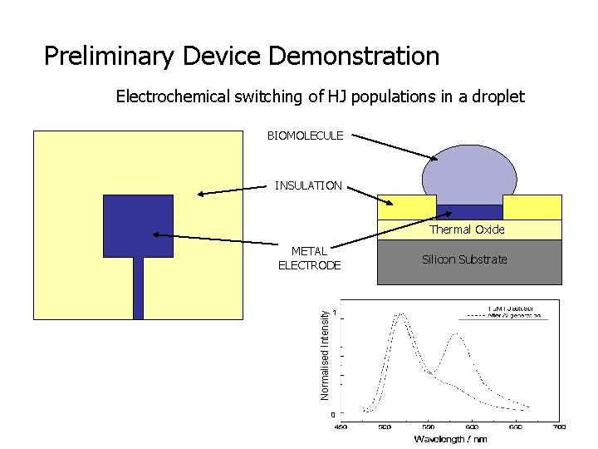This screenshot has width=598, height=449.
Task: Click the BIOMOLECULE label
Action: click(305, 136)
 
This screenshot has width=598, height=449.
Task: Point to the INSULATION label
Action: click(308, 185)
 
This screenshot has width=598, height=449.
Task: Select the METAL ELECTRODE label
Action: click(309, 258)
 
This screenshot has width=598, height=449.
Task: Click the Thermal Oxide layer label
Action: click(466, 229)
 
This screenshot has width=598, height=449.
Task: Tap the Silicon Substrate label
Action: click(464, 259)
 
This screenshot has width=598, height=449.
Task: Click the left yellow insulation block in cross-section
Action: click(406, 207)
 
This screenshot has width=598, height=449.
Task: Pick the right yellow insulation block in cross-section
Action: click(532, 207)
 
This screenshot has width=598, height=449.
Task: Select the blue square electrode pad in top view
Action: click(138, 225)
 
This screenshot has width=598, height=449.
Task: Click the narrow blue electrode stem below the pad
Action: click(138, 288)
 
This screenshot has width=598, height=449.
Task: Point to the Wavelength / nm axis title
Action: click(450, 439)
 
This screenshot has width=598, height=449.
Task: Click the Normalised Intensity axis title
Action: click(326, 353)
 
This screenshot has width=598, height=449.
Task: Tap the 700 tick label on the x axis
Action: click(559, 427)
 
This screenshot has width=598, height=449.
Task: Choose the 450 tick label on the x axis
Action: click(341, 427)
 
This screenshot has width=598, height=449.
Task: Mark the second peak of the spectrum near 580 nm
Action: click(455, 335)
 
